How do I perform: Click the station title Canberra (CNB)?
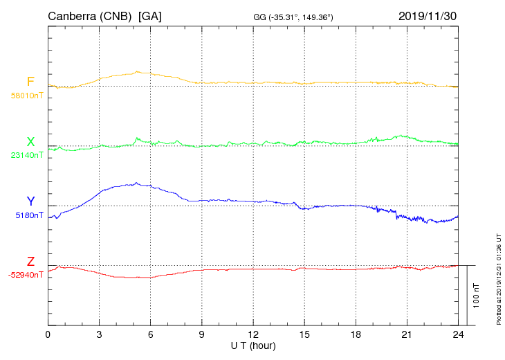point(90,15)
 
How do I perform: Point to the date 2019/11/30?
point(428,15)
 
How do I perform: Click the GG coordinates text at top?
point(293,17)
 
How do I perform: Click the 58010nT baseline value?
point(26,96)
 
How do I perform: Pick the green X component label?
point(30,142)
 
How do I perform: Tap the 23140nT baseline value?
point(26,155)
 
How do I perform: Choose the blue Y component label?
point(30,201)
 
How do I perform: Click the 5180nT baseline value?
point(29,215)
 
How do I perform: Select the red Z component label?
point(30,262)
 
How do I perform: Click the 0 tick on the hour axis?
point(48,334)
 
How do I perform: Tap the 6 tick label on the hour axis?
point(151,334)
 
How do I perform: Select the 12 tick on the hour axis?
point(253,334)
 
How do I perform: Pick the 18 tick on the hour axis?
point(356,334)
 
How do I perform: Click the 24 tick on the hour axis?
point(458,334)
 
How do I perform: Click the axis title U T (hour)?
point(253,345)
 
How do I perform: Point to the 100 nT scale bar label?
point(476,295)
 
